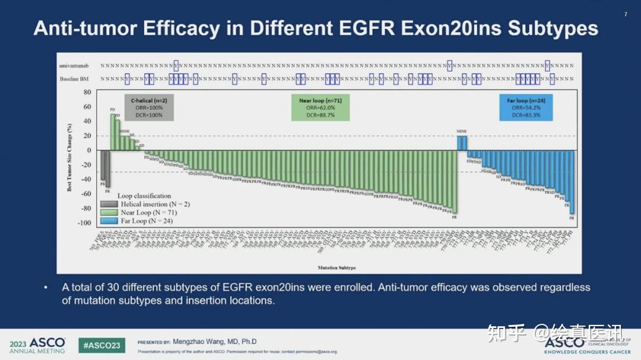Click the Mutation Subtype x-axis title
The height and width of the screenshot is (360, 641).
point(337,268)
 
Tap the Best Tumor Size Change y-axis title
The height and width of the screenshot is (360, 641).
point(69,157)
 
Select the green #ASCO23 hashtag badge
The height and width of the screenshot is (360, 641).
point(101,345)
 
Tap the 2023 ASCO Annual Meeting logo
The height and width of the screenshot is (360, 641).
point(38,345)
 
